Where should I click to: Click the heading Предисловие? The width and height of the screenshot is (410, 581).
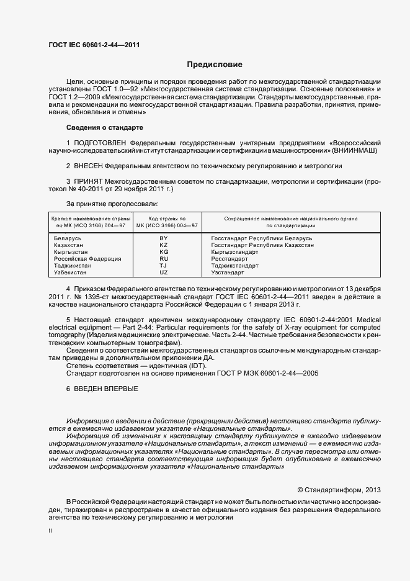click(215, 65)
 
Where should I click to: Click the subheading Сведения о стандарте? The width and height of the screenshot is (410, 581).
click(104, 127)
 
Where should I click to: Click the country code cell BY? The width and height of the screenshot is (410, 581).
click(164, 238)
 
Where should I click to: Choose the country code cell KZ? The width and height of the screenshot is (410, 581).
click(164, 245)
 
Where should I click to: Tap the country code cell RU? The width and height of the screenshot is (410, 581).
click(164, 259)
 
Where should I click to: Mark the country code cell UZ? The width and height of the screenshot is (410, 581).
click(164, 272)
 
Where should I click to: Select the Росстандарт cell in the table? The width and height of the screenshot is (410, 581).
click(230, 259)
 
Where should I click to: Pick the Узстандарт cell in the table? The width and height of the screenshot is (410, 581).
click(228, 272)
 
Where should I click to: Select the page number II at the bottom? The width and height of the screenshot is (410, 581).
click(50, 531)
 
